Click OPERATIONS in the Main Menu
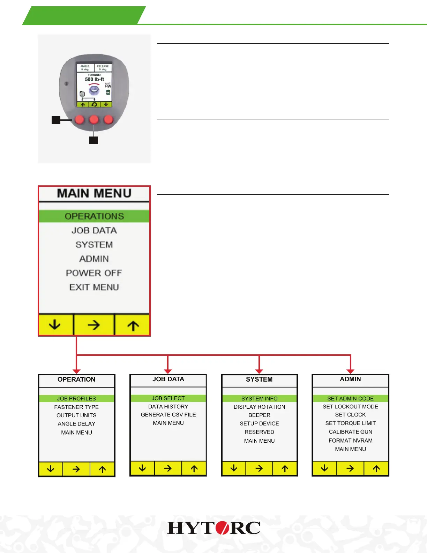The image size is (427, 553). tap(94, 216)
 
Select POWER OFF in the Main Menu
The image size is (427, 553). tap(94, 273)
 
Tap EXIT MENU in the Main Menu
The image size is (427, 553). tap(94, 287)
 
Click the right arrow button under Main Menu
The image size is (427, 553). tap(94, 325)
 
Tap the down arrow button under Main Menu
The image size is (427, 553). tap(55, 325)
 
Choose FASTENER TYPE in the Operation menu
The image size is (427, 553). tap(76, 407)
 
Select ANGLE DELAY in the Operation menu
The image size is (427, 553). tap(76, 424)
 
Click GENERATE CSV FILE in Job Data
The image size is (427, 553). tap(168, 415)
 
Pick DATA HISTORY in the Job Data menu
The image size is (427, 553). tap(168, 407)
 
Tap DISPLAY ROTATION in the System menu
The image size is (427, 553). tap(259, 407)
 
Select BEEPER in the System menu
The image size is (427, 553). tap(259, 415)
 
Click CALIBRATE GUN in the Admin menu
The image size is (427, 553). tap(350, 432)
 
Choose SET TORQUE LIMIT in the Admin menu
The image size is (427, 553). tap(350, 423)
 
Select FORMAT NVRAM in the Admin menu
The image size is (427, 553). tap(350, 441)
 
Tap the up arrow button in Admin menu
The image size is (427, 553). tap(376, 469)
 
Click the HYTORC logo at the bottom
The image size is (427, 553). tap(213, 528)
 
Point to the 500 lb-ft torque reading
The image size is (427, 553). tap(95, 80)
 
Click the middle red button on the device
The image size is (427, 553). tap(94, 120)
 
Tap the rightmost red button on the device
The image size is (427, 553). tap(108, 120)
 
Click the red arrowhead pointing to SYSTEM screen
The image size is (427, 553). tap(259, 371)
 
